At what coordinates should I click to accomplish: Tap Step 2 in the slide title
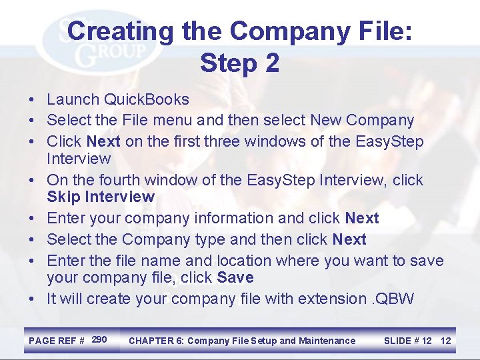pyautogui.click(x=239, y=63)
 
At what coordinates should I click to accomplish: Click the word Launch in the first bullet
pyautogui.click(x=73, y=100)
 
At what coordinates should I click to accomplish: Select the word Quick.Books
pyautogui.click(x=147, y=100)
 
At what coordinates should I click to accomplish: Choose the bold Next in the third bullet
pyautogui.click(x=103, y=142)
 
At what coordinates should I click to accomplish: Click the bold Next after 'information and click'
pyautogui.click(x=362, y=218)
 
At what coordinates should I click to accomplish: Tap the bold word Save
pyautogui.click(x=236, y=277)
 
